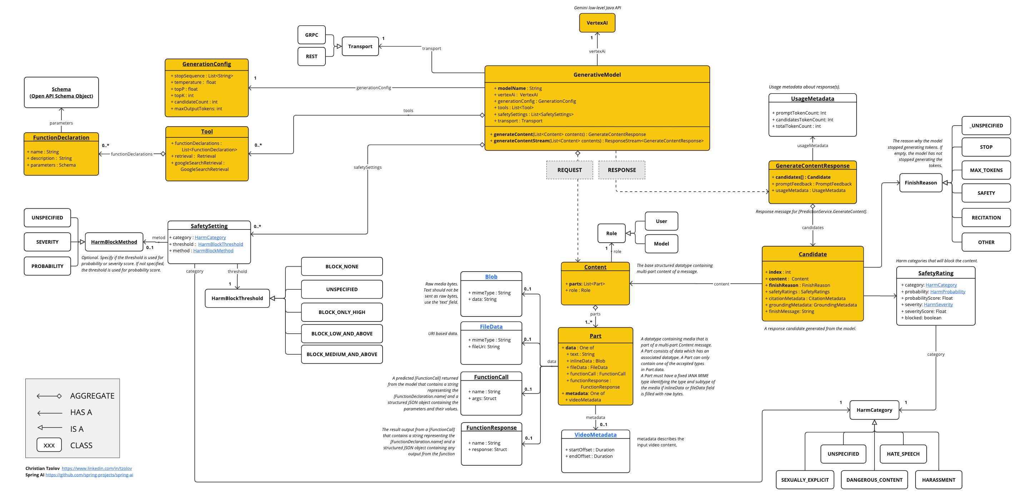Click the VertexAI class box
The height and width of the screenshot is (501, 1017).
click(597, 23)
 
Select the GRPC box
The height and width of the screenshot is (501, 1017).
click(311, 35)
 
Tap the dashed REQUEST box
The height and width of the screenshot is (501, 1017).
click(569, 170)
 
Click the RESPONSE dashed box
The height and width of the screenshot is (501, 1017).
click(622, 170)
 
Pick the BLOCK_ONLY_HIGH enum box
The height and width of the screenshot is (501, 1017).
click(342, 312)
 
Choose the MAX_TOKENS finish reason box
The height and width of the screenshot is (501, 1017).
click(986, 170)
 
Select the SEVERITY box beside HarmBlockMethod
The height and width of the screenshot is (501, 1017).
click(47, 242)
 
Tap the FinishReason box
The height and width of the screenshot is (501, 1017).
click(920, 183)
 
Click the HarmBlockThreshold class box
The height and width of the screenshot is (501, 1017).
click(237, 298)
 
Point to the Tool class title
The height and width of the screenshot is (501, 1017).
click(206, 131)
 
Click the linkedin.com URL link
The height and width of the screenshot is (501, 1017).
click(97, 468)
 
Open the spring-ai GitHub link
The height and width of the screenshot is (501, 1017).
click(89, 475)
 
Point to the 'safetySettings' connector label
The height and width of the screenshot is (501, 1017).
click(367, 167)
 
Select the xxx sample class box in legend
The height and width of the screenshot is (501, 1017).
click(49, 445)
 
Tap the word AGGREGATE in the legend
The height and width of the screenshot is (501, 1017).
click(92, 396)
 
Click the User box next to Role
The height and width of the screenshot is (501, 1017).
click(661, 221)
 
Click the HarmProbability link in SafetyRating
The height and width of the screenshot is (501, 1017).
click(947, 292)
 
